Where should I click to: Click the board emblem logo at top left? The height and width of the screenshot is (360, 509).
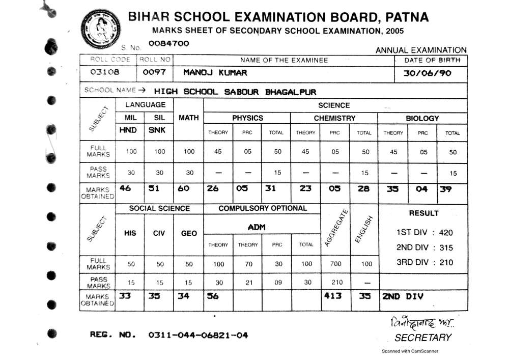100,27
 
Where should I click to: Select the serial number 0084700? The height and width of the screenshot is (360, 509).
168,44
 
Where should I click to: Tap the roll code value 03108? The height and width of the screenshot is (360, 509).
104,72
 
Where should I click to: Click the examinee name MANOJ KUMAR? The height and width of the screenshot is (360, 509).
215,72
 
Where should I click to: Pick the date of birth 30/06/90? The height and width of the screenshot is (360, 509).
427,73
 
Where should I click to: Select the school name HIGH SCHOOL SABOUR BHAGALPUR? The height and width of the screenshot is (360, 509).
235,92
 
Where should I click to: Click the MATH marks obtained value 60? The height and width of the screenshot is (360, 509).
184,188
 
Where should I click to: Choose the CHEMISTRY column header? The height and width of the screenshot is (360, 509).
334,118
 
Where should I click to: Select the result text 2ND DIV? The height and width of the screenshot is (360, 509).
403,296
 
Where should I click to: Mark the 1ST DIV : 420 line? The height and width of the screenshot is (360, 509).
424,233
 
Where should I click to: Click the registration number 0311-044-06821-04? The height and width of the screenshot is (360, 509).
199,335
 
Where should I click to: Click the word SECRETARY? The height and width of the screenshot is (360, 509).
422,337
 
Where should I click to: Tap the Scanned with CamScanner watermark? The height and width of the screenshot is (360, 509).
410,351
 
